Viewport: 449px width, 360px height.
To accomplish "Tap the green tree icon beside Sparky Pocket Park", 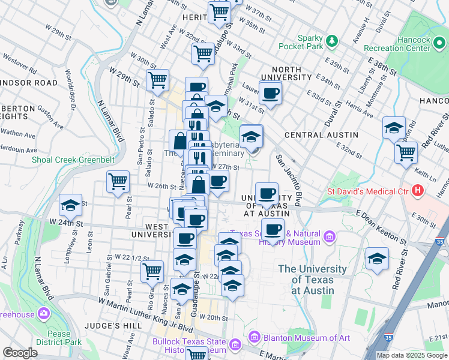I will coord(331,41).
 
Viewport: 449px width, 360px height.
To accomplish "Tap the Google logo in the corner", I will coord(20,353).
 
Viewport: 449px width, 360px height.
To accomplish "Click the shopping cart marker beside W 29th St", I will coord(157,79).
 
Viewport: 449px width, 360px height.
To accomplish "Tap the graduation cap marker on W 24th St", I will coord(70,205).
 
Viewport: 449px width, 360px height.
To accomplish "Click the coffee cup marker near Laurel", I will coord(270,93).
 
